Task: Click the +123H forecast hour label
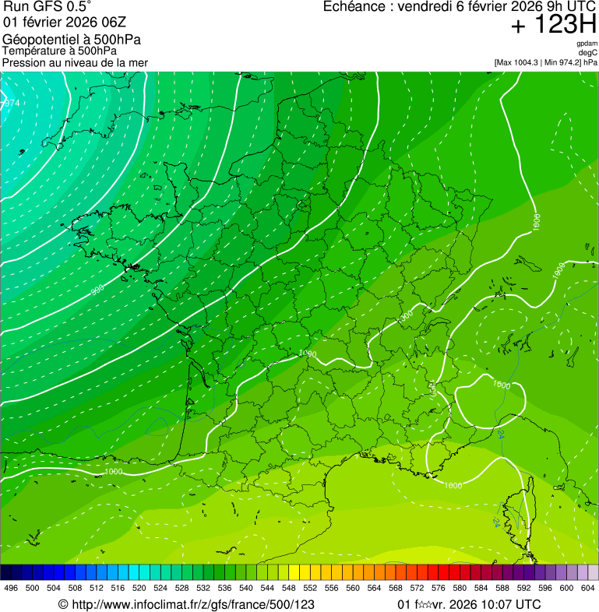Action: [553, 26]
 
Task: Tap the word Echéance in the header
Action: [354, 7]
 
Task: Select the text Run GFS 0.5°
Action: [47, 7]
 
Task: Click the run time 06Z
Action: [111, 22]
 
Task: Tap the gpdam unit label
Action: [587, 44]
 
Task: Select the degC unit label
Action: [587, 53]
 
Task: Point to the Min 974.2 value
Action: [565, 62]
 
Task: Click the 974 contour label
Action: [11, 104]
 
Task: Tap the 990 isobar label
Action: [97, 290]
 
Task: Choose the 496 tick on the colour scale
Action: [11, 589]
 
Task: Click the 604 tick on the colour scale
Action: [588, 589]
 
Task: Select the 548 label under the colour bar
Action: [289, 589]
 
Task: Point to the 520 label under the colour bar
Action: [139, 589]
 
